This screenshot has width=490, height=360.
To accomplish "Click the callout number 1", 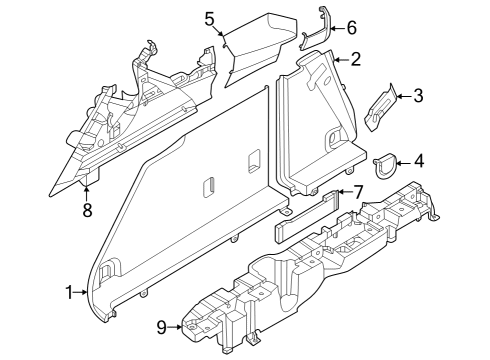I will click(70, 293).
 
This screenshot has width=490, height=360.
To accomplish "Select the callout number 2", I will click(355, 60).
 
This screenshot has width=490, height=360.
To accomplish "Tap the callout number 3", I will click(418, 96).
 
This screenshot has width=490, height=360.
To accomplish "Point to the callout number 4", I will click(418, 159).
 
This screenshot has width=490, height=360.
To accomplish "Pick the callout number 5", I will click(210, 18).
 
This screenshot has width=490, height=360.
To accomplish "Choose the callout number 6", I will click(350, 28).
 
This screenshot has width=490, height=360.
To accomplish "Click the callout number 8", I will click(87, 209).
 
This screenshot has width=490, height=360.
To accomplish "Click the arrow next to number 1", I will click(83, 293).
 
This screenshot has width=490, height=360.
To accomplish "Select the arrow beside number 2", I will click(341, 60).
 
